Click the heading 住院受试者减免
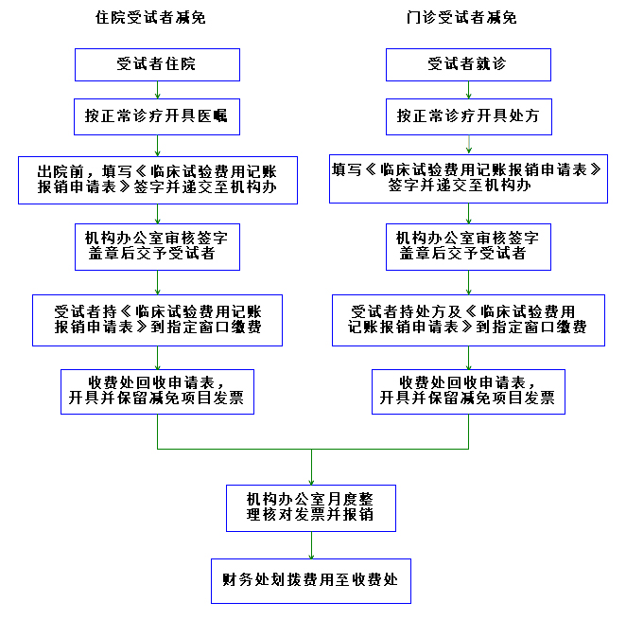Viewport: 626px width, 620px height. [x=150, y=18]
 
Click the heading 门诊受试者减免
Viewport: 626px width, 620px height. [x=461, y=18]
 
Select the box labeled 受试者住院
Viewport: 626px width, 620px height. [x=157, y=64]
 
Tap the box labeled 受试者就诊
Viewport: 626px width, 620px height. [x=468, y=64]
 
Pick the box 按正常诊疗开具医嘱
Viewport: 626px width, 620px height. [x=157, y=116]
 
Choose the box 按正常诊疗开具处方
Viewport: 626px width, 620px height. [x=469, y=116]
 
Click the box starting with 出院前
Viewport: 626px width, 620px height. [x=158, y=180]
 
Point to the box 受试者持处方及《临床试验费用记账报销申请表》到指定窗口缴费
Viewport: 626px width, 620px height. [x=468, y=320]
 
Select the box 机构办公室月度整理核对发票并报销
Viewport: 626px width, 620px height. [x=311, y=508]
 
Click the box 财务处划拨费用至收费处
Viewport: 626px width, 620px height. [x=311, y=581]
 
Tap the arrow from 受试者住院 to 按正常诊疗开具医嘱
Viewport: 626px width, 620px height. [x=157, y=90]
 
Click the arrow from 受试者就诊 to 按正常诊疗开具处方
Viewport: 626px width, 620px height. [x=468, y=90]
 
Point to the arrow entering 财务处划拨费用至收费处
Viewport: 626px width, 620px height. [x=311, y=545]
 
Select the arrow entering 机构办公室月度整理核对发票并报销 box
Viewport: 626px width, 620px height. [x=311, y=468]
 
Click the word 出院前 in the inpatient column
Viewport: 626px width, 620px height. [x=60, y=172]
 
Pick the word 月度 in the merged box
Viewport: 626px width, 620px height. [x=342, y=499]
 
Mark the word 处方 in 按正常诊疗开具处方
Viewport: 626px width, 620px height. [x=524, y=115]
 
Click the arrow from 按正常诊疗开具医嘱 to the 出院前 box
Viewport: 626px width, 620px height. [x=157, y=146]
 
